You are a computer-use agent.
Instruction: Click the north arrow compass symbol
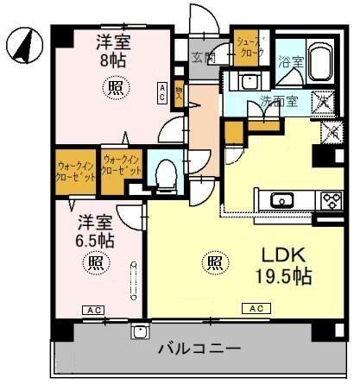click(x=23, y=45)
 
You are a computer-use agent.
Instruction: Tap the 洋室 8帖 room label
click(x=113, y=50)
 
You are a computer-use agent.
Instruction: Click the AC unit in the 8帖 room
click(x=161, y=93)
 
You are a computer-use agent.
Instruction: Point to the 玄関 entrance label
click(x=204, y=57)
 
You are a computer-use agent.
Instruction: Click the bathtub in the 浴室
click(x=324, y=62)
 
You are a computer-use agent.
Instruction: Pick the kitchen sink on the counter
click(x=281, y=201)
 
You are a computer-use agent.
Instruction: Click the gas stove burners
click(x=332, y=201)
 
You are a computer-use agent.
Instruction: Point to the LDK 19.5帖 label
click(x=282, y=265)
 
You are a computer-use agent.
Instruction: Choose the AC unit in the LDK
click(x=256, y=308)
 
